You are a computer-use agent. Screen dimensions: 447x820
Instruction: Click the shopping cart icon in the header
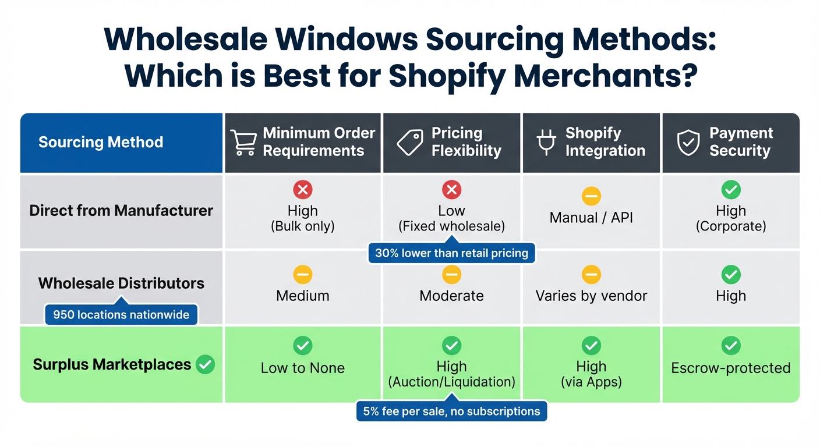pos(243,143)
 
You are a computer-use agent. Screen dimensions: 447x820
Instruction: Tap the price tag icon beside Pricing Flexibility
pos(409,143)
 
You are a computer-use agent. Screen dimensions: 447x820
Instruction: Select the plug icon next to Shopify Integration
pos(546,143)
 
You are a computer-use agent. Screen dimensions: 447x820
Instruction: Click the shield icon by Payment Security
pos(688,143)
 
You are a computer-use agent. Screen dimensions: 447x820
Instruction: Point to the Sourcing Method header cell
pos(101,143)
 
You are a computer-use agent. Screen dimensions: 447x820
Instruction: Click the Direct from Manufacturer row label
pos(121,210)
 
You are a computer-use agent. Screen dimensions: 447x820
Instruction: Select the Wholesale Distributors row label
pos(121,283)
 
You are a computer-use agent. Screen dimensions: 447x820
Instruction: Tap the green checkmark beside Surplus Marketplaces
pos(205,365)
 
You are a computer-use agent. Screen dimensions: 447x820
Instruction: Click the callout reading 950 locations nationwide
pos(121,315)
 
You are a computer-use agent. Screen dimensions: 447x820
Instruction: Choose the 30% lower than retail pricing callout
pos(451,253)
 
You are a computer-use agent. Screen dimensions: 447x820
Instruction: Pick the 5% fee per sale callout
pos(451,411)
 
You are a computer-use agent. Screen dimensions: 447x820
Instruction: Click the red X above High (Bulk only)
pos(303,190)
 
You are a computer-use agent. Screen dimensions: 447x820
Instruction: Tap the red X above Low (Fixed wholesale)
pos(451,190)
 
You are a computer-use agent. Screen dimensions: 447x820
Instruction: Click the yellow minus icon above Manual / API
pos(591,197)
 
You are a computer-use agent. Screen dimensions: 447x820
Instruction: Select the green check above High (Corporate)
pos(731,190)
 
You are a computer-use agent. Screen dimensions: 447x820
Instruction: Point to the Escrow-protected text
pos(731,368)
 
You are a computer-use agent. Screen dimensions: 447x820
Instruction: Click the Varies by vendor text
pos(591,296)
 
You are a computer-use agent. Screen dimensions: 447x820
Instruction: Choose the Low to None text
pos(303,368)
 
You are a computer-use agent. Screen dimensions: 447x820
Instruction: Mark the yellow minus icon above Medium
pos(303,275)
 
